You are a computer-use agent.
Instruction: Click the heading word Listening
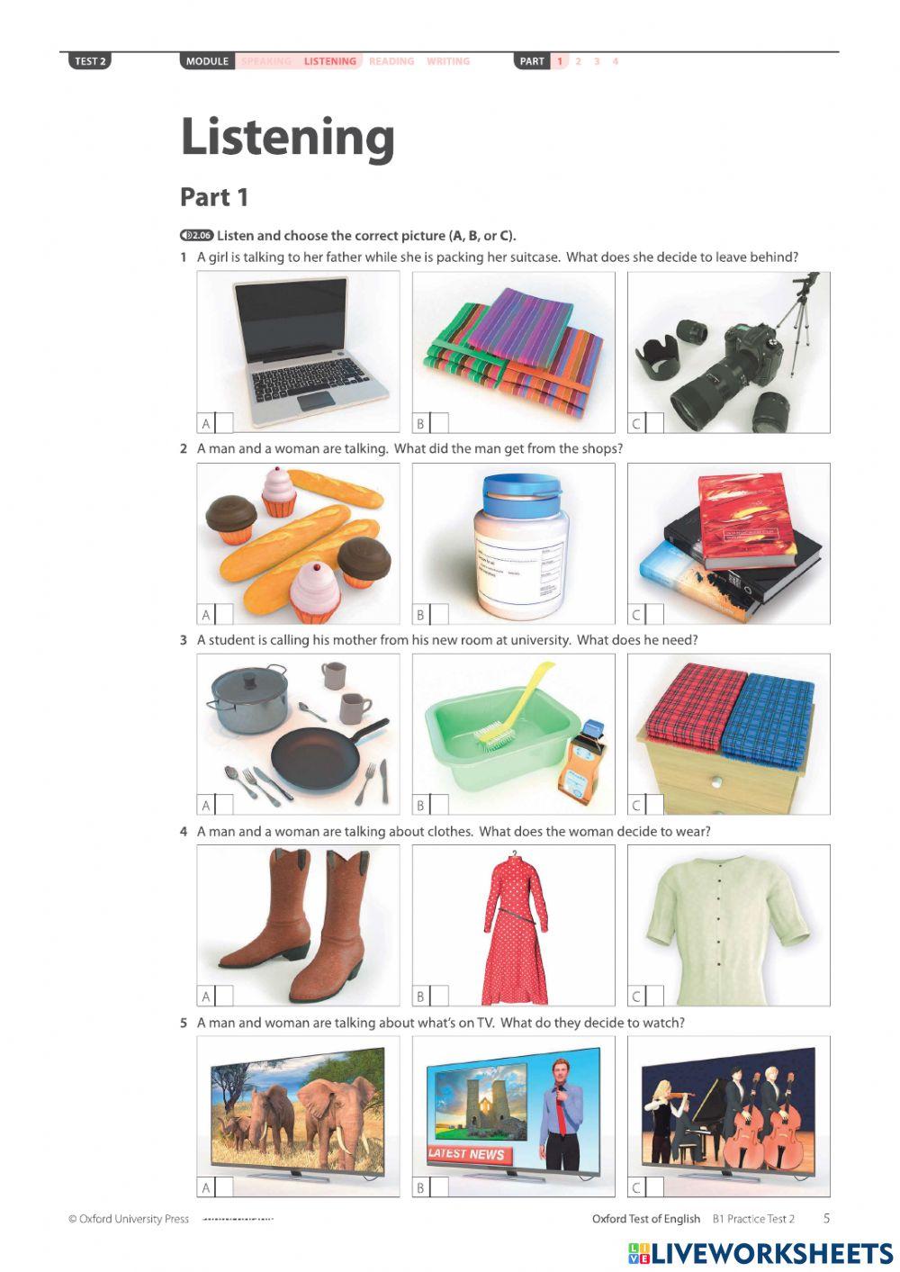287,137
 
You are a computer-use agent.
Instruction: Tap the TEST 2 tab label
90,61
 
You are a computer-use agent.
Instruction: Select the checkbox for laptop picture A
224,423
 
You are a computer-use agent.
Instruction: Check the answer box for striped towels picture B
439,423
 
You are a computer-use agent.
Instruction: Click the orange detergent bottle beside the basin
580,761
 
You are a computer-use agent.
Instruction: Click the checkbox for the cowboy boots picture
224,996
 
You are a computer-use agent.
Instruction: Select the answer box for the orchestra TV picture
654,1187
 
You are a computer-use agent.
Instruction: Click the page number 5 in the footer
826,1218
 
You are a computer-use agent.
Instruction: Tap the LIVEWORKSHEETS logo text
771,1252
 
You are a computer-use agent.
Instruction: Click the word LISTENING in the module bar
330,61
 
